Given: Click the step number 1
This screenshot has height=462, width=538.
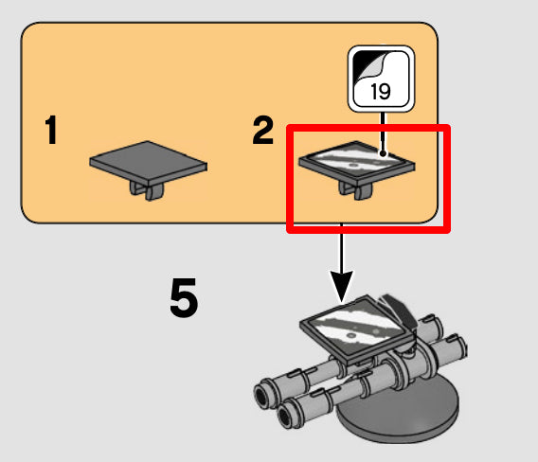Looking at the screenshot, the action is click(51, 130).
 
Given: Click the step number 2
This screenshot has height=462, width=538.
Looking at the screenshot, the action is click(262, 130).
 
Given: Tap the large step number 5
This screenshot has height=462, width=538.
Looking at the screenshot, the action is click(184, 297).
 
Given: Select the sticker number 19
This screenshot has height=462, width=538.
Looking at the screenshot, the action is click(381, 91).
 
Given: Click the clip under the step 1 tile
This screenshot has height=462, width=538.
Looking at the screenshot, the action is click(147, 190).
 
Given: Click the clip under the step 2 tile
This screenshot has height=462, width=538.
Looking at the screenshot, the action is click(356, 190).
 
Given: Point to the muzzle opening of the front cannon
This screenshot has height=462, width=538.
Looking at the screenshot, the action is click(285, 416).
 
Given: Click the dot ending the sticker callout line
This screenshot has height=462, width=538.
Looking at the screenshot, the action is click(384, 154).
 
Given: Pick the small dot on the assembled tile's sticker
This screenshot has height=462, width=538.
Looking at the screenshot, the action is click(351, 335).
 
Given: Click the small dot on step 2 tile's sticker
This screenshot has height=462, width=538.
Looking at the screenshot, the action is click(353, 166).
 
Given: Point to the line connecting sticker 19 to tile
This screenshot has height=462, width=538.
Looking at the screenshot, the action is click(383, 133).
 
